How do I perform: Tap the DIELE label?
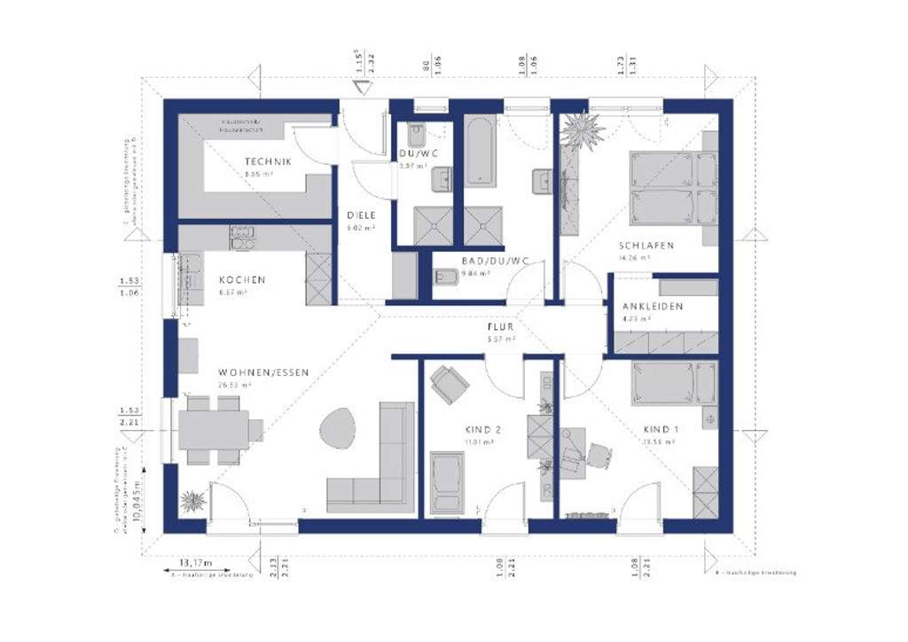coord(361,215)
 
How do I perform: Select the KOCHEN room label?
coord(242,280)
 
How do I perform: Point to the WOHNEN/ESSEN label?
coord(264,372)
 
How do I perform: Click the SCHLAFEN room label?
coord(646,245)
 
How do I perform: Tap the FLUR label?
coord(500,326)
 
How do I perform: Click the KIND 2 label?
coord(483,429)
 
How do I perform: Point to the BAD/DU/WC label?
coord(495,261)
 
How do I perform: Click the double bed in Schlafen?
coord(672,188)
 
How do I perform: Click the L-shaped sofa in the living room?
coord(381,470)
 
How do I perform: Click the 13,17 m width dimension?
coord(197,563)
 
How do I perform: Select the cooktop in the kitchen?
coord(242,236)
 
